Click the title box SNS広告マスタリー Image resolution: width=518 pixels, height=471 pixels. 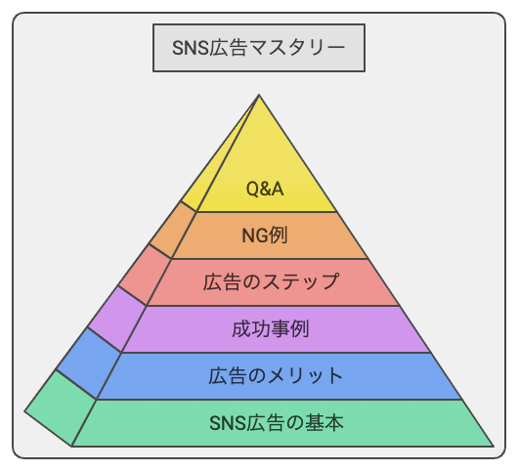259,48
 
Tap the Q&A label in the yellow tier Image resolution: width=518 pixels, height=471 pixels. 265,190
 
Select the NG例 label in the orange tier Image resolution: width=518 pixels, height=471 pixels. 265,235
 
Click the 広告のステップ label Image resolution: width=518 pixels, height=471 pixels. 272,281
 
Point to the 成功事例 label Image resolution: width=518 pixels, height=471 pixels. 271,329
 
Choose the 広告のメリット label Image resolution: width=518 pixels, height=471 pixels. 276,376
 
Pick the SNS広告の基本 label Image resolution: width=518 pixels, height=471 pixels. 277,423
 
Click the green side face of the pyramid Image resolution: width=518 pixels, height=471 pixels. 61,408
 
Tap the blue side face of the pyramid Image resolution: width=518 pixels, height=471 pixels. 89,364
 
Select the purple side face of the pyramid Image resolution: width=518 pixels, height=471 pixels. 117,320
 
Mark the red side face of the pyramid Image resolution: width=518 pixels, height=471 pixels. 145,276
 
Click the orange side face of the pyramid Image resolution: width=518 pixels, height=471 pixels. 172,231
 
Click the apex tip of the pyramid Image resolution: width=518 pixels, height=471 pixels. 259,95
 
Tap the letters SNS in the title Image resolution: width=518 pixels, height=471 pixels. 191,48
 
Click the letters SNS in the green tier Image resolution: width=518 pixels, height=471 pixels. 228,423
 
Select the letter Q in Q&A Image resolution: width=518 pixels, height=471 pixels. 252,190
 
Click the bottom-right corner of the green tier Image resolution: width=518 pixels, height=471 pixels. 494,447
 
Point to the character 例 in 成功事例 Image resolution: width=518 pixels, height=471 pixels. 300,329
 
